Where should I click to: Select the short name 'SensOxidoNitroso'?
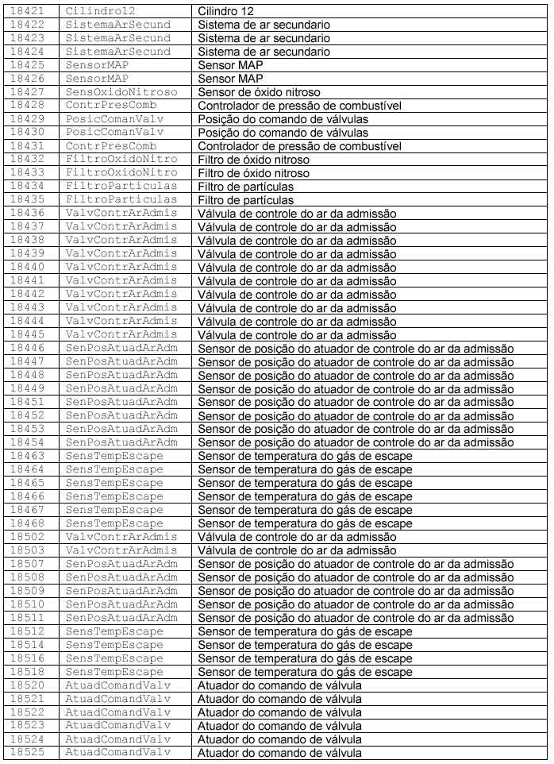click(121, 92)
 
